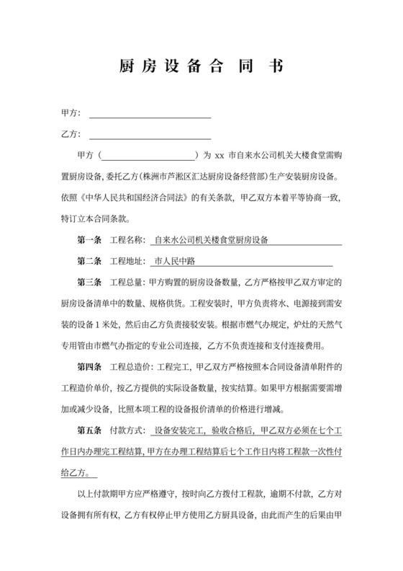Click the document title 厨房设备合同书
[201, 67]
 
